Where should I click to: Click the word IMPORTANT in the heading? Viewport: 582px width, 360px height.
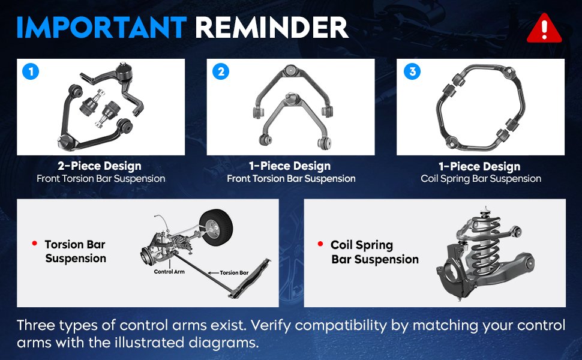pyautogui.click(x=101, y=28)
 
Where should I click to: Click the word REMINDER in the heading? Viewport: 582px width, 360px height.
pyautogui.click(x=271, y=28)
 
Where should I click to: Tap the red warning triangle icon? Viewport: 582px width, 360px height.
pyautogui.click(x=544, y=28)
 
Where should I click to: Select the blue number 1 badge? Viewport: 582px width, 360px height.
pyautogui.click(x=31, y=71)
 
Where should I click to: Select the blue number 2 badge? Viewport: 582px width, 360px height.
pyautogui.click(x=221, y=71)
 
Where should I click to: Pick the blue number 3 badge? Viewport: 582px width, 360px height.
pyautogui.click(x=412, y=71)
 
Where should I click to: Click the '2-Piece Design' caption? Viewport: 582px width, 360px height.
pyautogui.click(x=100, y=166)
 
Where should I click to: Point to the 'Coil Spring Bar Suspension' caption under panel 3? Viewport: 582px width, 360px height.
pyautogui.click(x=481, y=179)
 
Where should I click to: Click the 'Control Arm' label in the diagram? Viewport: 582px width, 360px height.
pyautogui.click(x=169, y=272)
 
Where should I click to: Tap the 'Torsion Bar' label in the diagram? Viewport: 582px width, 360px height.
pyautogui.click(x=234, y=273)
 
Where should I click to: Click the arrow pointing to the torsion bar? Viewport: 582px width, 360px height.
pyautogui.click(x=214, y=273)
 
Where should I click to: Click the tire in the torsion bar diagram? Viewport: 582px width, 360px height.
pyautogui.click(x=216, y=226)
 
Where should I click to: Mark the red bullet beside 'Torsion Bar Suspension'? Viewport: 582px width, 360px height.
pyautogui.click(x=35, y=244)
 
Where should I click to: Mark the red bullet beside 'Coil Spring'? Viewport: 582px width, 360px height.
pyautogui.click(x=320, y=244)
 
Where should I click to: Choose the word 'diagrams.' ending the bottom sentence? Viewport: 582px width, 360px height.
pyautogui.click(x=223, y=343)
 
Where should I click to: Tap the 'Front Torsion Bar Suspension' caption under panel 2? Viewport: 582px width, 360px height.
pyautogui.click(x=291, y=179)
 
